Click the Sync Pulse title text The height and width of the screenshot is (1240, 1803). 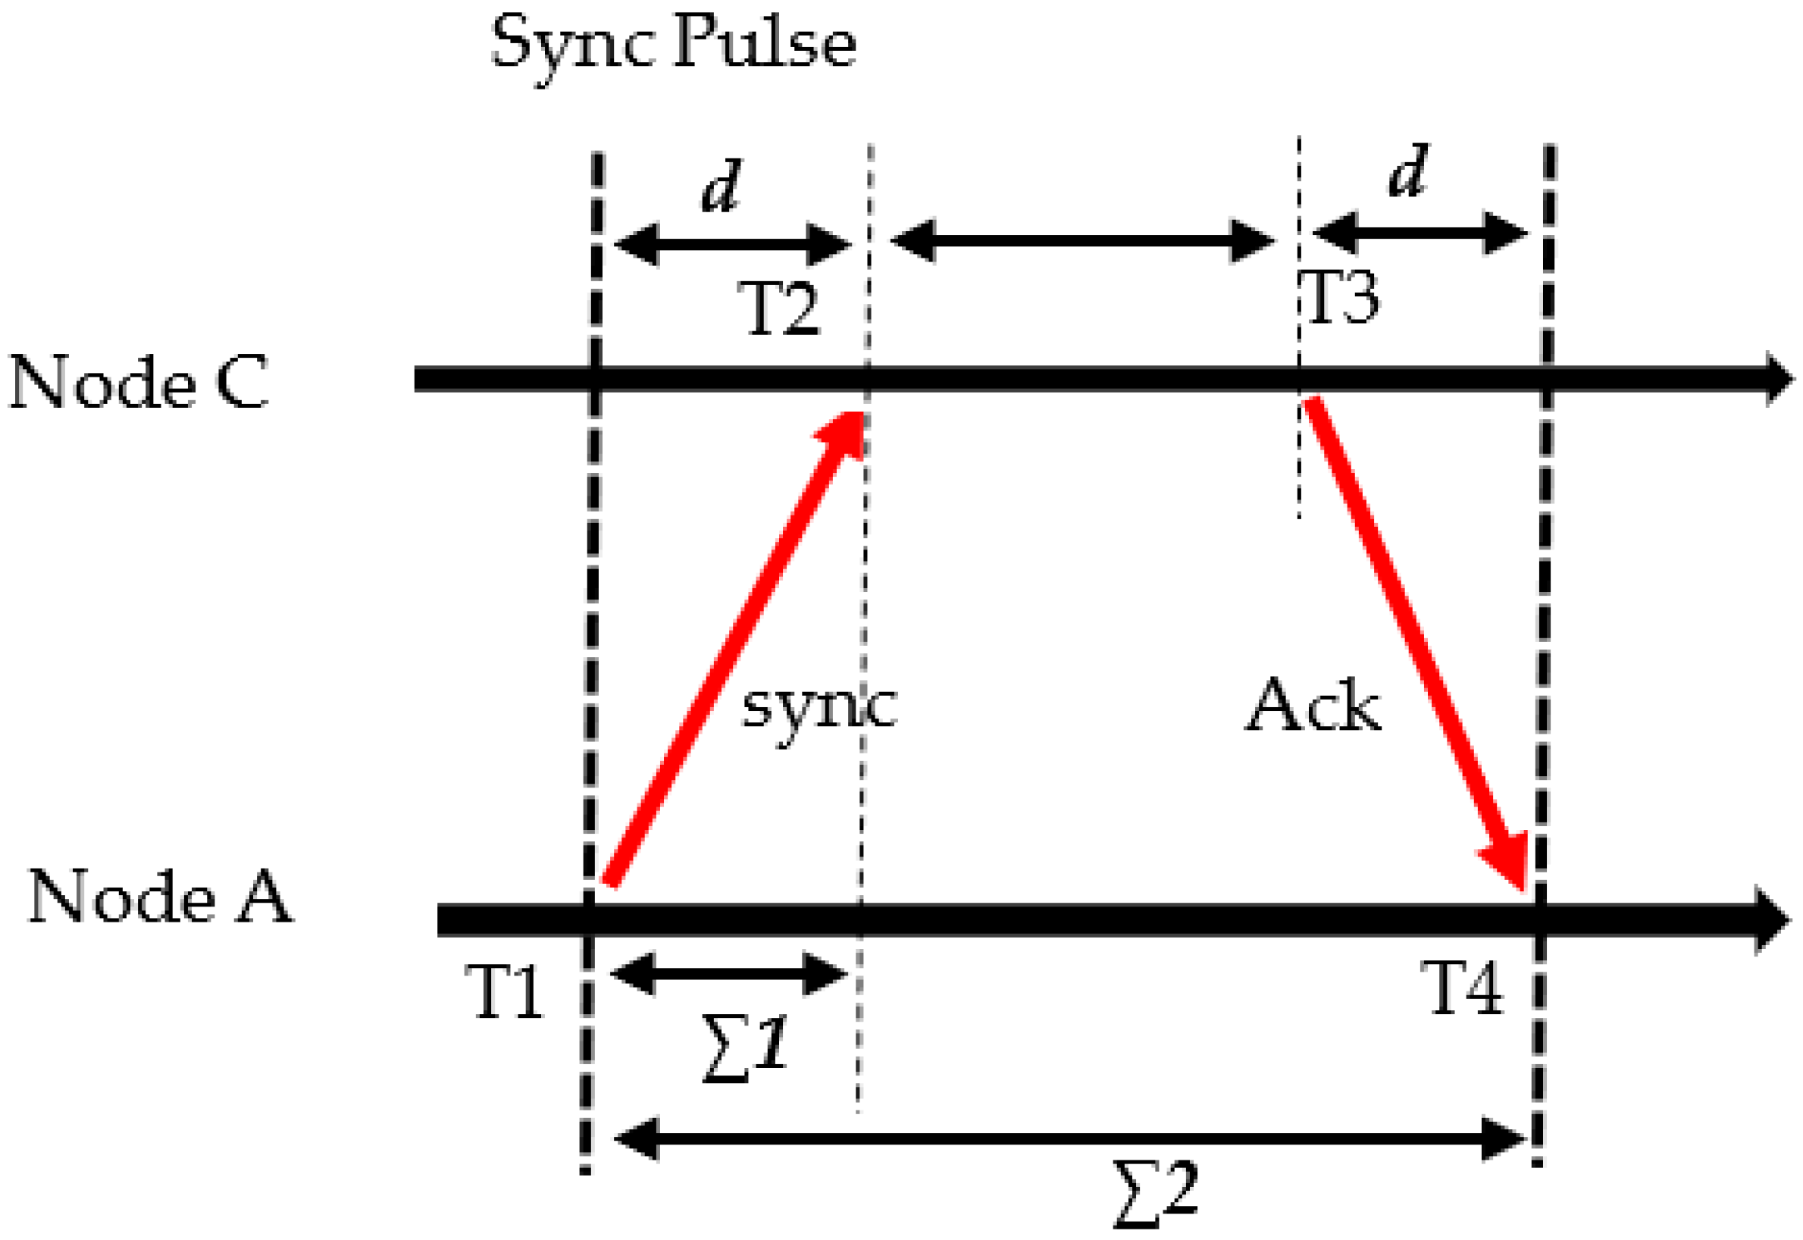[x=673, y=45]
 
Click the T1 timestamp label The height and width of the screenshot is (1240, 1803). [x=506, y=991]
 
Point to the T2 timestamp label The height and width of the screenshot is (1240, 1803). [x=779, y=308]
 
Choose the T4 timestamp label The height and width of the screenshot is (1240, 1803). [x=1463, y=987]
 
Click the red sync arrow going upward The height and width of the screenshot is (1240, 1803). [x=734, y=649]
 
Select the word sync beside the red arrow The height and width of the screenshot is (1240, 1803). [x=819, y=708]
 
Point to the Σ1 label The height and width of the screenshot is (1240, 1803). [x=744, y=1048]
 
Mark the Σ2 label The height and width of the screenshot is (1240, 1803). [x=1156, y=1193]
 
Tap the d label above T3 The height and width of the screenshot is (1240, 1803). [x=1407, y=171]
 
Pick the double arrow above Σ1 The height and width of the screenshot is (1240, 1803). [x=729, y=972]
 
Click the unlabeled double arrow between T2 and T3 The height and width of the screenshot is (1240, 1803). [x=1083, y=241]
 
